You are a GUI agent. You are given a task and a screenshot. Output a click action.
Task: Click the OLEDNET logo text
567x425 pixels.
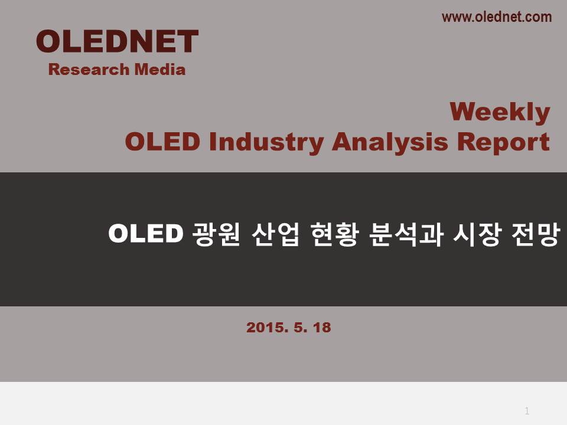point(117,41)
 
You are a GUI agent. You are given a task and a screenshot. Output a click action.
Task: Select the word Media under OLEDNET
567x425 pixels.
point(160,70)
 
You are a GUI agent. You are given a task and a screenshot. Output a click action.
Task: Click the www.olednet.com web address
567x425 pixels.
point(497,17)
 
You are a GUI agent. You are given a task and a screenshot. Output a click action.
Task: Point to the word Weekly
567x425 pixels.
point(500,113)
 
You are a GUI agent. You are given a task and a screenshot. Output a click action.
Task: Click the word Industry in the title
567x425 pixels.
point(266,142)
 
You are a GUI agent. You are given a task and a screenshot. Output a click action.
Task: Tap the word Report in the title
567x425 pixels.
point(503,142)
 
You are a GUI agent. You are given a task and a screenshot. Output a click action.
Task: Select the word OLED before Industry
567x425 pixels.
point(162,141)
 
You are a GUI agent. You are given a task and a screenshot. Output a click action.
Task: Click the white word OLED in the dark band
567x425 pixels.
point(145,234)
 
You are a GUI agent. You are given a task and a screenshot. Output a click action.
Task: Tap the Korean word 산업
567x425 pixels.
point(275,234)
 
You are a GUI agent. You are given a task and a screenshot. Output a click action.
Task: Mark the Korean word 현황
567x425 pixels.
point(334,234)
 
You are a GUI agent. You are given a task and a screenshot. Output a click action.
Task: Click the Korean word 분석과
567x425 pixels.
point(406,234)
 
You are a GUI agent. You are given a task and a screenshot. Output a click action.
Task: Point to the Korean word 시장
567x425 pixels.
point(477,234)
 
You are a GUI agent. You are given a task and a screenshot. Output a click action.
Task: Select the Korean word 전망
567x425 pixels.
point(536,234)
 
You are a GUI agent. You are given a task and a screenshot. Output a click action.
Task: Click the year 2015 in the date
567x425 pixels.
point(267,328)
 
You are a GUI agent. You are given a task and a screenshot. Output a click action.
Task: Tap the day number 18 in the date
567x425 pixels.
point(322,328)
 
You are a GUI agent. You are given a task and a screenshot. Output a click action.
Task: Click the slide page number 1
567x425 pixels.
point(527,411)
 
